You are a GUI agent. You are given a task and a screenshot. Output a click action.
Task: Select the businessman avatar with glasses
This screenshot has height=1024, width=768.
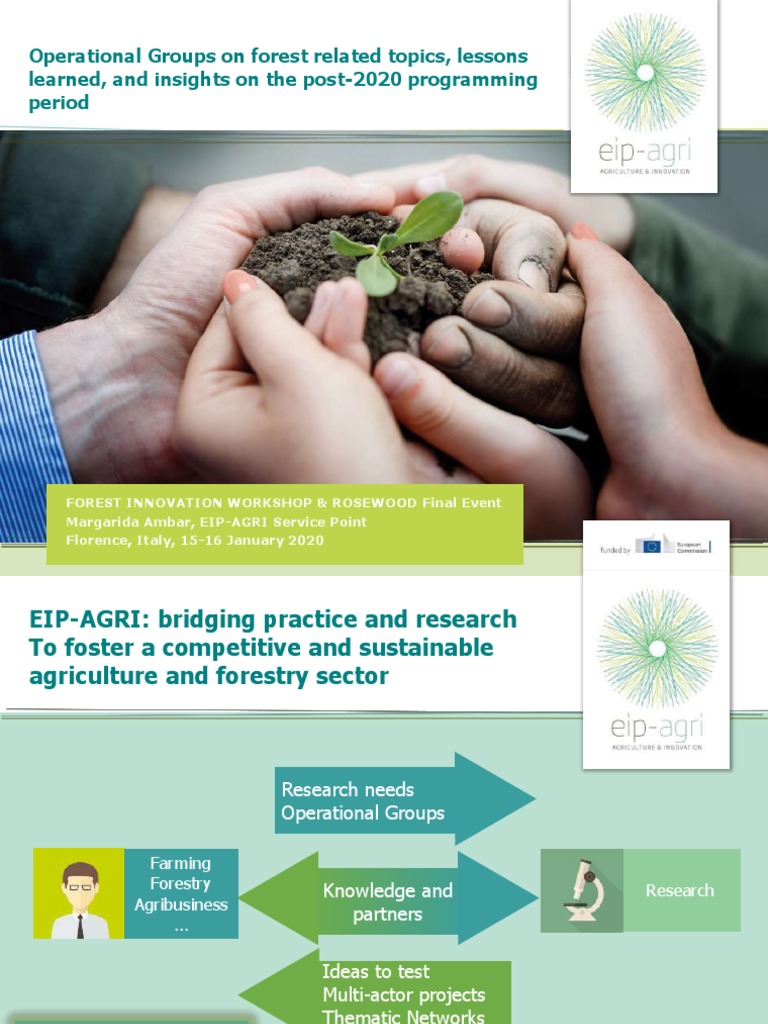point(79,894)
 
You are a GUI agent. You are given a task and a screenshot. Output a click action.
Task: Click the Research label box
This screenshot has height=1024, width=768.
point(680,890)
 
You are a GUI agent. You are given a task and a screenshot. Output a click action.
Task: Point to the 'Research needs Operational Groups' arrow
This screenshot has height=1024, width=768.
point(400,801)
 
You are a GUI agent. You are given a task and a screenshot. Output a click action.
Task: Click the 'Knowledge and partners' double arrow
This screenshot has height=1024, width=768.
point(388,901)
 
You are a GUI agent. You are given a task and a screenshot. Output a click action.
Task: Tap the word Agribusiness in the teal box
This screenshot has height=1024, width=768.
point(181,905)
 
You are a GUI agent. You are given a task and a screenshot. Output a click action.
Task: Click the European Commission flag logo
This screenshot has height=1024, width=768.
point(652,546)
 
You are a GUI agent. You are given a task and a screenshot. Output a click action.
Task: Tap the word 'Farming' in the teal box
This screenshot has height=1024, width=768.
point(181,863)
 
